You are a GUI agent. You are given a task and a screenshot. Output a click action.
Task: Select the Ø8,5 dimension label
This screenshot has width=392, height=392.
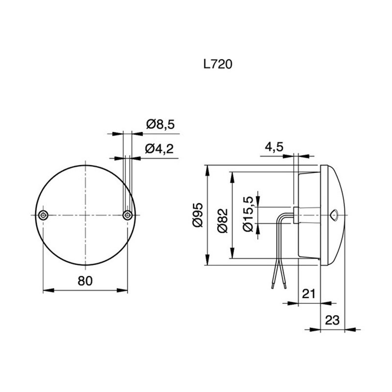tap(160, 125)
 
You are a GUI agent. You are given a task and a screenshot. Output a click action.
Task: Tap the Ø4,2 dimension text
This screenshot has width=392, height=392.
tap(160, 149)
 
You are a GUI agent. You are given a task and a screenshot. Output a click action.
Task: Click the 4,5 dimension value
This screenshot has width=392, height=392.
tap(275, 147)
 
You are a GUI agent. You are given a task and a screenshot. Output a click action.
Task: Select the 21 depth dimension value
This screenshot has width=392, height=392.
tap(308, 294)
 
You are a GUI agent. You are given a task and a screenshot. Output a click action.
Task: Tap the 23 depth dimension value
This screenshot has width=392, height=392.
tap(332, 320)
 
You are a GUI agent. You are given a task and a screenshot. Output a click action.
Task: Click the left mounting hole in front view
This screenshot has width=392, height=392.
tap(44, 215)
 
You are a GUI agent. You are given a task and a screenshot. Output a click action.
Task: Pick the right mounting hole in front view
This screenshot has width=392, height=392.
tap(127, 215)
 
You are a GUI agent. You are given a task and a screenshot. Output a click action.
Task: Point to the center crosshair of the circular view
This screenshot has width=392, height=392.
tap(86, 215)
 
